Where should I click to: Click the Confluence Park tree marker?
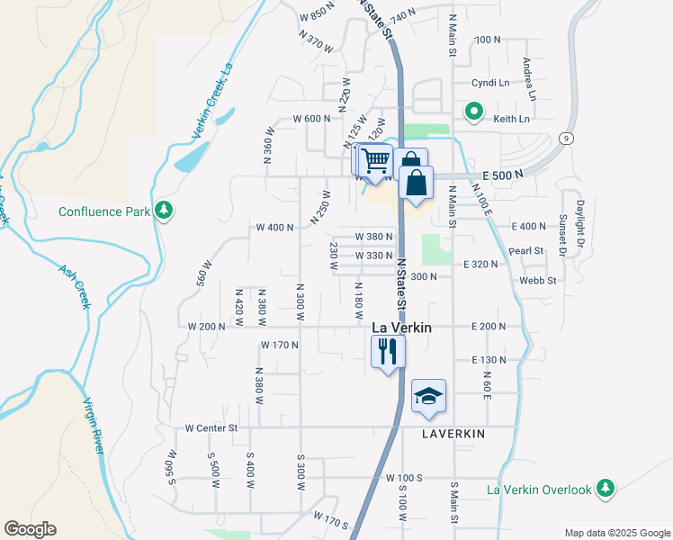pos(163,211)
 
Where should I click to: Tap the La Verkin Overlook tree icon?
pos(606,489)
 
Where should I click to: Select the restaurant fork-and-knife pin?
pos(389,350)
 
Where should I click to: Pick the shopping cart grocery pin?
pos(376,159)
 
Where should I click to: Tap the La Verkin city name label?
pos(401,328)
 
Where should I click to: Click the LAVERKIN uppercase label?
pos(453,434)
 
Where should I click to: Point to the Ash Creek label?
pos(76,286)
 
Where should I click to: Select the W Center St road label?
pos(211,428)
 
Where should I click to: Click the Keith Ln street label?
pos(511,118)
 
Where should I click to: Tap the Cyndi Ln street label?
pos(490,83)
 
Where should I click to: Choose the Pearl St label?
pos(526,251)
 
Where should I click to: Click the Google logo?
pos(30,529)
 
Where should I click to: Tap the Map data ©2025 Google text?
pos(616,532)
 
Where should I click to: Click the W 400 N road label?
pos(274,228)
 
